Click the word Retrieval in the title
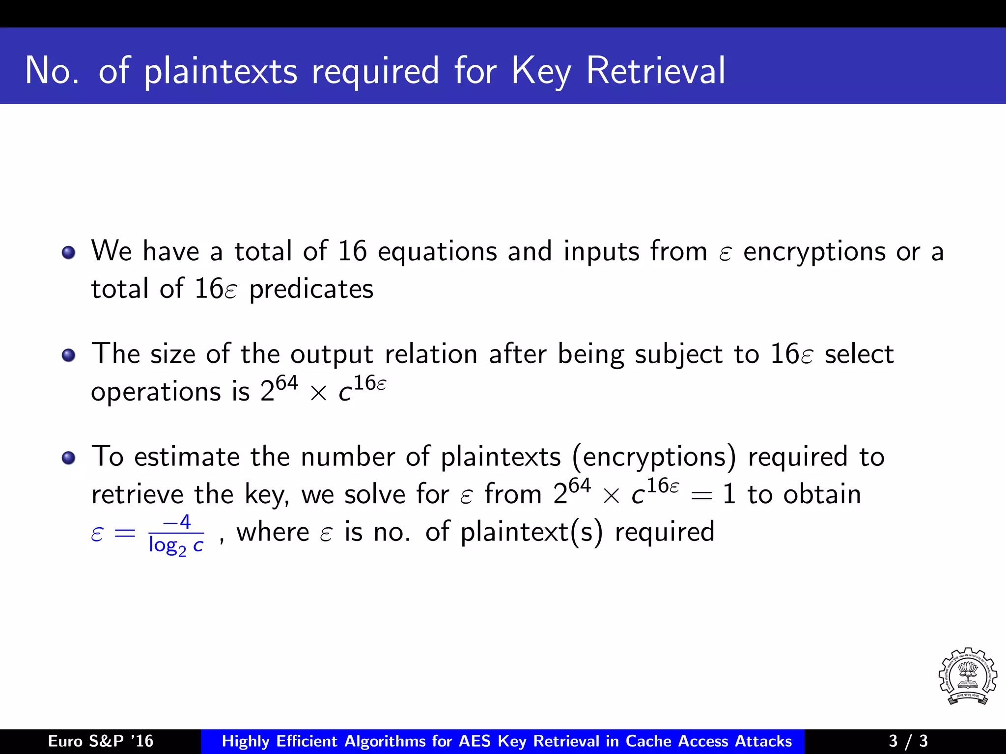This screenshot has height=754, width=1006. (x=655, y=71)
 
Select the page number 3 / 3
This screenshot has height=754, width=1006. (x=908, y=741)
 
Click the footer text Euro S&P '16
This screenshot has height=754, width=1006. (x=101, y=741)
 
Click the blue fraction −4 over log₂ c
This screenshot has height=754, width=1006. (x=176, y=534)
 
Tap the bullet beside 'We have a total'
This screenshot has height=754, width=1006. (x=69, y=252)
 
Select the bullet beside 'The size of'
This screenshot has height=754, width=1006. (x=69, y=355)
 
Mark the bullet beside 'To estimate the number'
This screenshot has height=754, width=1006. (x=69, y=458)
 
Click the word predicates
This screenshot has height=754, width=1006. (x=311, y=289)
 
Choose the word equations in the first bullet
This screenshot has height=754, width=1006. (x=437, y=251)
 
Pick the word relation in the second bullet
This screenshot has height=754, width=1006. (x=431, y=354)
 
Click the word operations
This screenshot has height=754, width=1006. (x=156, y=393)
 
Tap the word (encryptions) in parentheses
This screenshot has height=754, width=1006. (x=654, y=457)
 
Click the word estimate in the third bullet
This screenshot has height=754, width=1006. (x=187, y=457)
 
